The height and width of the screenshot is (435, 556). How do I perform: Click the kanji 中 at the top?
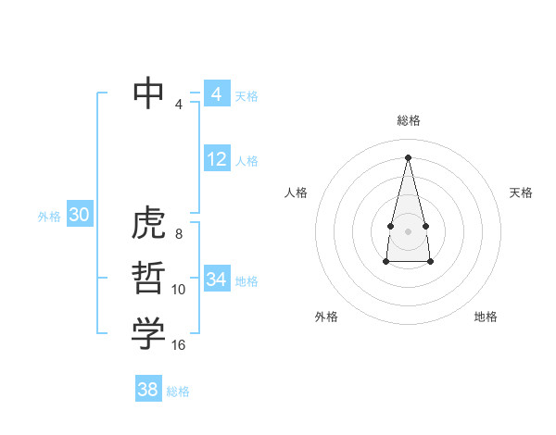pyautogui.click(x=148, y=93)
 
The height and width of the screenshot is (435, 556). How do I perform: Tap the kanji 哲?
pyautogui.click(x=148, y=279)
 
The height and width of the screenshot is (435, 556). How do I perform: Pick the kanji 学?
pyautogui.click(x=148, y=334)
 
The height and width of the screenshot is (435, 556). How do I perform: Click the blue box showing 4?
pyautogui.click(x=216, y=94)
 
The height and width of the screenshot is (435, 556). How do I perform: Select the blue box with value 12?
pyautogui.click(x=216, y=159)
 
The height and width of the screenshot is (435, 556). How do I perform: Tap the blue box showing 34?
pyautogui.click(x=216, y=279)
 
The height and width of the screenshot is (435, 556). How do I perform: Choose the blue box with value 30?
pyautogui.click(x=79, y=215)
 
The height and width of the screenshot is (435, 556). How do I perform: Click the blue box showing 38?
pyautogui.click(x=147, y=390)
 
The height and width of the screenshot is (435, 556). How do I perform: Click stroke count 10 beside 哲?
pyautogui.click(x=179, y=290)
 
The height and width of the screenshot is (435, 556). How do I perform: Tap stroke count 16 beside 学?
pyautogui.click(x=179, y=345)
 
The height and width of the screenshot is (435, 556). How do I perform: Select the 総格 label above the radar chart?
pyautogui.click(x=409, y=120)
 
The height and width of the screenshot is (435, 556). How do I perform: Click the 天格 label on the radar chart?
pyautogui.click(x=522, y=193)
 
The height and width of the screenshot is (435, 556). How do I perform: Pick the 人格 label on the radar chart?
pyautogui.click(x=296, y=193)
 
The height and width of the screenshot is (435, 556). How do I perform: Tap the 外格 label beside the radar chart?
pyautogui.click(x=326, y=317)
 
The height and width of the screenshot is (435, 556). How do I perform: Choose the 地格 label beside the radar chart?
pyautogui.click(x=486, y=317)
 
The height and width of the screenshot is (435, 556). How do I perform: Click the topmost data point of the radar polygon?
pyautogui.click(x=409, y=156)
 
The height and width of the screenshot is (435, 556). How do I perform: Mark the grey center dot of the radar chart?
pyautogui.click(x=409, y=230)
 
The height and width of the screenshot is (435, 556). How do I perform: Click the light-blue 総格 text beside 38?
pyautogui.click(x=178, y=391)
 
